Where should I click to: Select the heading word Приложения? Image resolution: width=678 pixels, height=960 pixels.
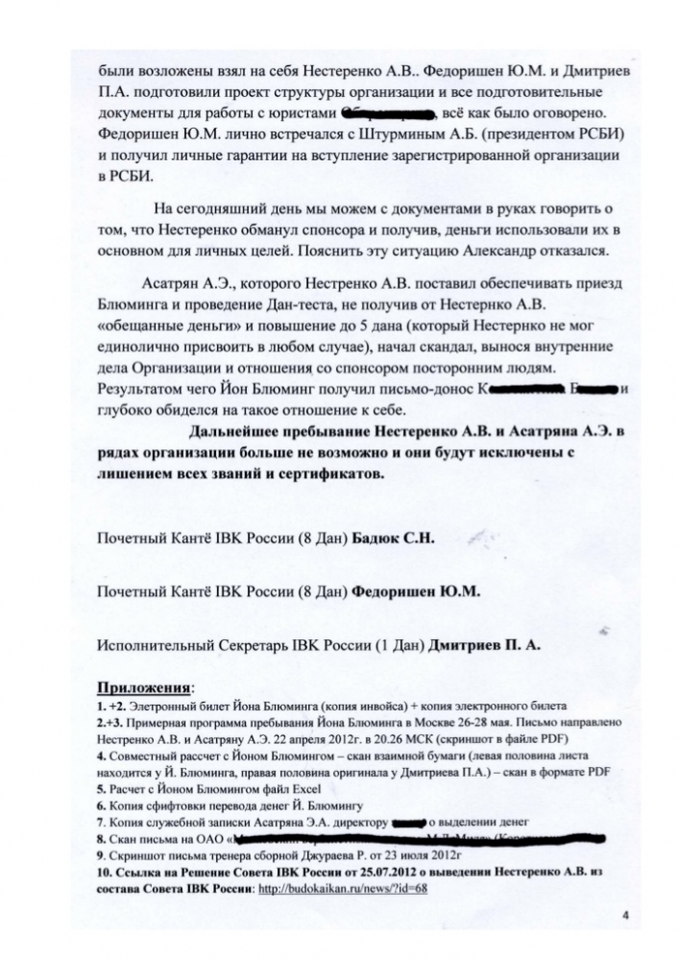[x=143, y=687]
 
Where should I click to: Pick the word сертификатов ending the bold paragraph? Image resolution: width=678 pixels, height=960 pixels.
[x=331, y=474]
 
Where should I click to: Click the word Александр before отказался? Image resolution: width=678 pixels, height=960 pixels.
[x=501, y=250]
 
